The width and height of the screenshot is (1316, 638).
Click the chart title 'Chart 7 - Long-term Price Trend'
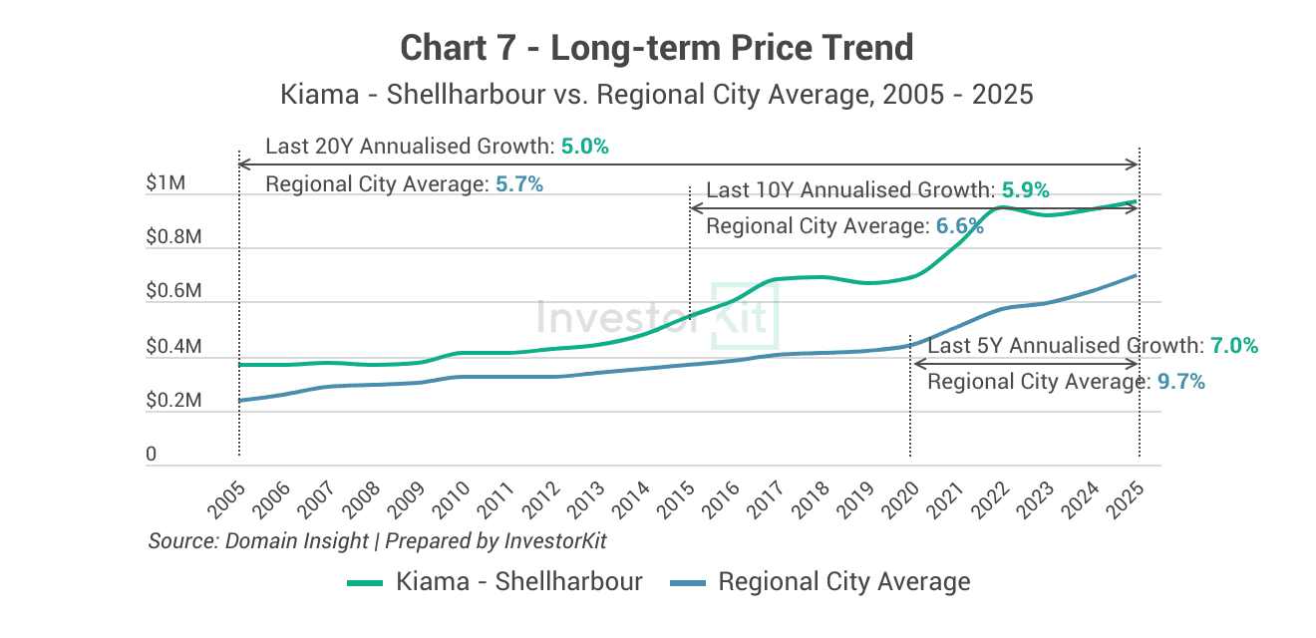tap(657, 48)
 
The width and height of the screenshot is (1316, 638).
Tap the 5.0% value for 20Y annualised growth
tap(584, 147)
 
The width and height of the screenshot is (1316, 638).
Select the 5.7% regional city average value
tap(518, 184)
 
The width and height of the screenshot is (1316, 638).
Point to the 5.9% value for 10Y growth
tap(1025, 190)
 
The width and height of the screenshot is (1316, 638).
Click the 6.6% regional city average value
tap(959, 227)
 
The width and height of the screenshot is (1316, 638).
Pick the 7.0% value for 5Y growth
tap(1233, 346)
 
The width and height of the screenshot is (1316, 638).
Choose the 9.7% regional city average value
tap(1181, 382)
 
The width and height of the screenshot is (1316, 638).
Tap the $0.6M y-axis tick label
tap(173, 292)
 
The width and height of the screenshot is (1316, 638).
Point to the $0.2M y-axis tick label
tap(173, 401)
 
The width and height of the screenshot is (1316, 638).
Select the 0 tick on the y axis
tap(152, 455)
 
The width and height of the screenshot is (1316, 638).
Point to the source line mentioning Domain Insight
tap(377, 541)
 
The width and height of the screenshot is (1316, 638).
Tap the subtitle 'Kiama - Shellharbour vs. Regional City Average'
tap(657, 95)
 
